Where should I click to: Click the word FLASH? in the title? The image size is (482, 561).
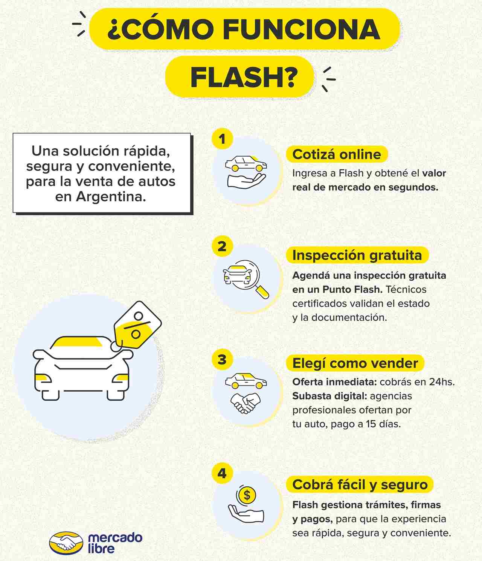244,77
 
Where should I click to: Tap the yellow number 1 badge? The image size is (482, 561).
222,139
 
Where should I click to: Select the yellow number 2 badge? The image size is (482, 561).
222,246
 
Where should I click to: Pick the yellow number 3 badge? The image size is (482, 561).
222,359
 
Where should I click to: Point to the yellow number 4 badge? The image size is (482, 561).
222,473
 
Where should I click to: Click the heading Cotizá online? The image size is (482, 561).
337,154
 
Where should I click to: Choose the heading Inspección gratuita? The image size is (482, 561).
357,255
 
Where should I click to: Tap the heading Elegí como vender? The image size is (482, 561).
355,363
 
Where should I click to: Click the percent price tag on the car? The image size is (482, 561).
137,325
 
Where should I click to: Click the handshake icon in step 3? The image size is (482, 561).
246,403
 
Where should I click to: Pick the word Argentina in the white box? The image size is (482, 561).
111,196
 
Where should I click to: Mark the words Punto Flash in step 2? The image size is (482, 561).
352,289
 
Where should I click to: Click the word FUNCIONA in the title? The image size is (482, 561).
302,29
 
